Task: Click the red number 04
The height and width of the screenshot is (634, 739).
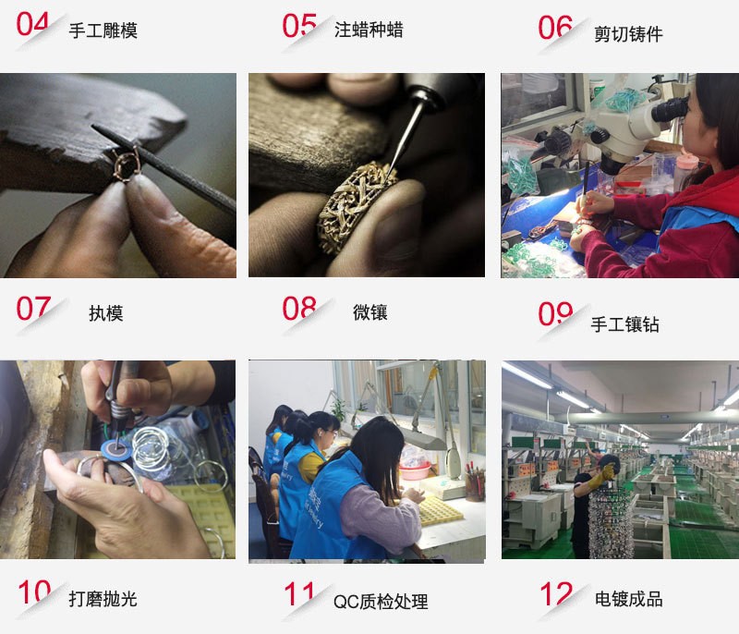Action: pos(32,24)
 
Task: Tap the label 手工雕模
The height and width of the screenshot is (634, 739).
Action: pos(103,30)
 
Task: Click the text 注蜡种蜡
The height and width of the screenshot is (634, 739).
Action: pos(369,30)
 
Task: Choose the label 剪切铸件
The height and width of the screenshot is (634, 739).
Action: pos(628,34)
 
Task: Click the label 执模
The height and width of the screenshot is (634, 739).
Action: pos(105,313)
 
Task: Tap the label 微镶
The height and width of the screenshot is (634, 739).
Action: pos(369,312)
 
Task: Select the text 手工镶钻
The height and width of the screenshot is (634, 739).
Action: pos(624,324)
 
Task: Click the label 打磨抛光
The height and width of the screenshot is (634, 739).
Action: pos(103,599)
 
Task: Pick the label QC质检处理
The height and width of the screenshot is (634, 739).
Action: pos(381,602)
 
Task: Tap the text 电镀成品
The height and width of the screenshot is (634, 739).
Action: pos(628,599)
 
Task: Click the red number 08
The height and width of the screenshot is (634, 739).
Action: pos(299,309)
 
